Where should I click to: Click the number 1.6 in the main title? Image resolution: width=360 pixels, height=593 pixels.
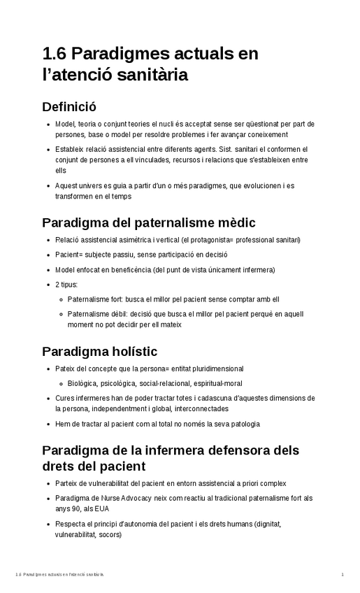55,54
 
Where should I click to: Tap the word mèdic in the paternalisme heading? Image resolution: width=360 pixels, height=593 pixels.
233,222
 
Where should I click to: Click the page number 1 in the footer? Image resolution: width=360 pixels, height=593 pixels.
343,574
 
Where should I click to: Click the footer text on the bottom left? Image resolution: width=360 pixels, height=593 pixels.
59,574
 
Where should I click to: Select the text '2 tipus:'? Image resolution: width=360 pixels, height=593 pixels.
66,285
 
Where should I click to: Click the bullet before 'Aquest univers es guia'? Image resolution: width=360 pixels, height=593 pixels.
47,186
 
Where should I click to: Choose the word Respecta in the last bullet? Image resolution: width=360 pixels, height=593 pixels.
70,524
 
